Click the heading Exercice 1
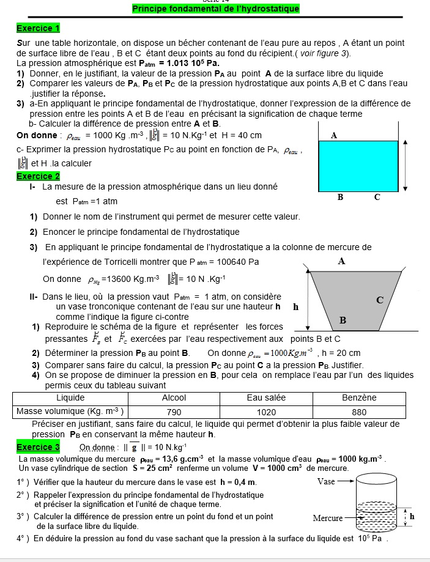(38, 28)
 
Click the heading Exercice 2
(38, 176)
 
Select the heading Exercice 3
(38, 447)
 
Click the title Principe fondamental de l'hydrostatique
(216, 9)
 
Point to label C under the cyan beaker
(377, 198)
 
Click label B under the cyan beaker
(341, 198)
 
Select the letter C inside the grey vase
(380, 300)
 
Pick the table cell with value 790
(174, 412)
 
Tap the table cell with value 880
(359, 412)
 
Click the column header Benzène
(359, 397)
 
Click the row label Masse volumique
(70, 411)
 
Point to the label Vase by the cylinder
(327, 481)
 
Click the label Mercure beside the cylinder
(328, 518)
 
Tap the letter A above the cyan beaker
(334, 136)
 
